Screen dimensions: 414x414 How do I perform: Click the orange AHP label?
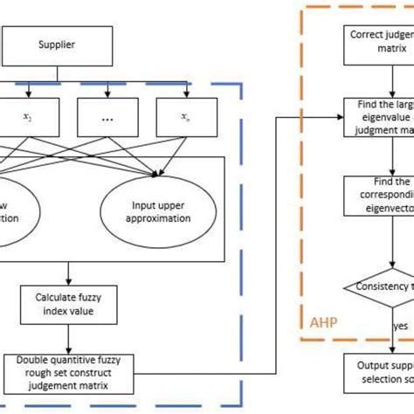point(322,323)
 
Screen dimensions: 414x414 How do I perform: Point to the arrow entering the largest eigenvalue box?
point(335,115)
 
